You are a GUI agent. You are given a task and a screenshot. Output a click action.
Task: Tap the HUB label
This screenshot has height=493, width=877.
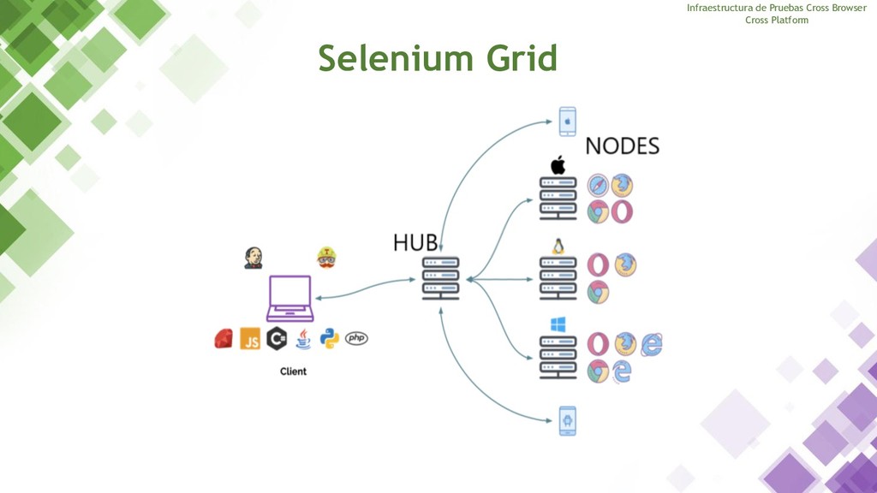coord(415,243)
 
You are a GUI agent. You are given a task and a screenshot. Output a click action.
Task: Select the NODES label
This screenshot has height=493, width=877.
coord(623,146)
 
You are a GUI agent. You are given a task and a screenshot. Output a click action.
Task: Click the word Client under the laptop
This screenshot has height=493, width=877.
coord(293,371)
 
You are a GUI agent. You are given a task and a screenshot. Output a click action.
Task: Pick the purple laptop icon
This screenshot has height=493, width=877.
coord(290,297)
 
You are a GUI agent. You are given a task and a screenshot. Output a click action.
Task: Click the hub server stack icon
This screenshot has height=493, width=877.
coord(441,278)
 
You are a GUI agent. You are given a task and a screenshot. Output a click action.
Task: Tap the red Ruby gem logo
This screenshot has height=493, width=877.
coord(224,339)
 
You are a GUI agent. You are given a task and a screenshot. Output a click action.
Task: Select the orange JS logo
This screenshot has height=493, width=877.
coord(250,339)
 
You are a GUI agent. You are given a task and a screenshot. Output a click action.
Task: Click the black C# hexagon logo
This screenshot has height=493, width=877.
coord(276,339)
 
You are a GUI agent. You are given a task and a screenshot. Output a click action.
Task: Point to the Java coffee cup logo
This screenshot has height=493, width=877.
coord(302,339)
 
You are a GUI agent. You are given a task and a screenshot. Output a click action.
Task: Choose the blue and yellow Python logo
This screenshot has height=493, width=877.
coord(329,339)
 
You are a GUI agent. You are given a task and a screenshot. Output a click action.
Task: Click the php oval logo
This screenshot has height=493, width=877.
coord(356,339)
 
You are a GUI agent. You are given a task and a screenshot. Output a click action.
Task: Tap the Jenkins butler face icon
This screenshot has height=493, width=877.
coord(254,257)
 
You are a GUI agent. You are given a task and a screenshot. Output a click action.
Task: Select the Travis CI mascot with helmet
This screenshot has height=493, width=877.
coord(326,257)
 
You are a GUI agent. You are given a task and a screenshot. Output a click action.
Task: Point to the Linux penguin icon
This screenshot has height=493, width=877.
coord(558,246)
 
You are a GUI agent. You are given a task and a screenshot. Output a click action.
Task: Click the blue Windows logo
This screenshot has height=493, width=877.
coord(558,325)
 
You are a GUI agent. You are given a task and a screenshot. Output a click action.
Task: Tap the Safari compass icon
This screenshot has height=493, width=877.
coord(598,186)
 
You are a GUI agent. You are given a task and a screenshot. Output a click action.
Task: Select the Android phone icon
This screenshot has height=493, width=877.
coord(566,421)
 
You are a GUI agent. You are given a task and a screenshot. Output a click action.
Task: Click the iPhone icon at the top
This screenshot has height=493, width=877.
coord(566,122)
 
